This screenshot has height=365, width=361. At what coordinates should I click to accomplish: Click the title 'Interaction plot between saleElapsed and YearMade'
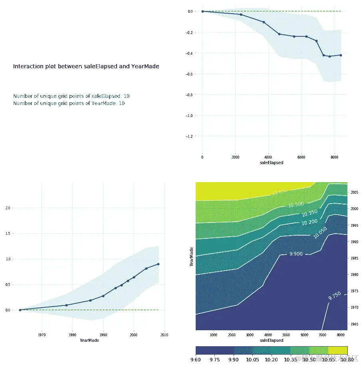click(86, 66)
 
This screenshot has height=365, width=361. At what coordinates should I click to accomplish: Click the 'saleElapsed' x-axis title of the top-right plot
click(272, 163)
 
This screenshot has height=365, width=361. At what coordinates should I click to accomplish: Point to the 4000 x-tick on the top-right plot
click(268, 157)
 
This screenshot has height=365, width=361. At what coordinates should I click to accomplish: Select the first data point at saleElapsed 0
click(202, 11)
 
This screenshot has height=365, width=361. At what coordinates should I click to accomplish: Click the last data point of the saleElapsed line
click(341, 55)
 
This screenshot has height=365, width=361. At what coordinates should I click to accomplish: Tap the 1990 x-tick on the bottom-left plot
click(103, 335)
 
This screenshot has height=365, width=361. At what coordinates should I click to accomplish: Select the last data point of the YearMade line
click(159, 264)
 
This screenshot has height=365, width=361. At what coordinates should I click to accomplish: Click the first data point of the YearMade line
click(20, 310)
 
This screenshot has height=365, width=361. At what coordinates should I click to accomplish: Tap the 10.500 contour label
click(296, 204)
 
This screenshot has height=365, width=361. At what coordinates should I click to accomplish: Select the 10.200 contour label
click(310, 222)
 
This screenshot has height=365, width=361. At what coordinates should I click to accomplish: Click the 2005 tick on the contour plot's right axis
click(355, 192)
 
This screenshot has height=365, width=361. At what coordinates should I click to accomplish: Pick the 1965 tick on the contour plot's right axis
click(355, 324)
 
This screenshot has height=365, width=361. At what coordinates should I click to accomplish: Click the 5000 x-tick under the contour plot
click(286, 335)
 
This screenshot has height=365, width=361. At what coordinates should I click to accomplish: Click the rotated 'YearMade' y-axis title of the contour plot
click(192, 256)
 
